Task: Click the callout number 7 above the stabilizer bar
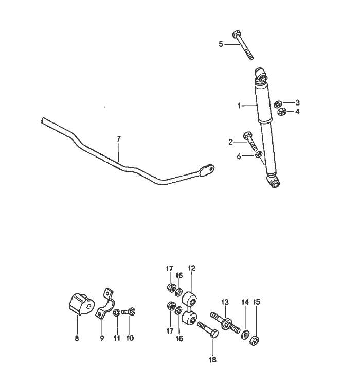(119, 139)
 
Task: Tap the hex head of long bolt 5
(236, 34)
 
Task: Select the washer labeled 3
(278, 103)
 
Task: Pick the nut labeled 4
(282, 112)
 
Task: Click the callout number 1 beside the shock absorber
(239, 106)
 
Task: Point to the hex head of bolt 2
(247, 135)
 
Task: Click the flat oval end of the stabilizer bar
(207, 170)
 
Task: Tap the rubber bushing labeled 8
(81, 304)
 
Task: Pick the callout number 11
(117, 338)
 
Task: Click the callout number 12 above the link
(191, 268)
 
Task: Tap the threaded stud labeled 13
(225, 322)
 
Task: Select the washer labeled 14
(245, 335)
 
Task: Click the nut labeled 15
(254, 340)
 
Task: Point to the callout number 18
(212, 360)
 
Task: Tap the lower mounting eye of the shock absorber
(274, 182)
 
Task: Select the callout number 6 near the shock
(239, 156)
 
